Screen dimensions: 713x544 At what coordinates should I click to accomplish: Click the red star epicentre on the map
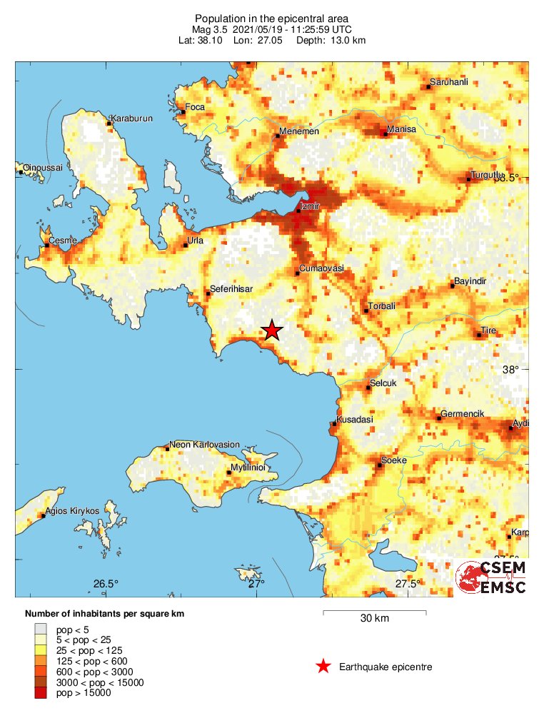(x=271, y=330)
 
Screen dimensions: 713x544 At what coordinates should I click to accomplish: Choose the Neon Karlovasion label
(x=204, y=444)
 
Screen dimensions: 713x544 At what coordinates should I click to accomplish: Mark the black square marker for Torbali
(x=366, y=310)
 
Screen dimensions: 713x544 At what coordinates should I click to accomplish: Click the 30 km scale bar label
(x=374, y=619)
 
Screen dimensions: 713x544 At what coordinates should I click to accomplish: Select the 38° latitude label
(x=510, y=370)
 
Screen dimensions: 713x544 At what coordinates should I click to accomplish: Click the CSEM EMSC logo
(x=492, y=577)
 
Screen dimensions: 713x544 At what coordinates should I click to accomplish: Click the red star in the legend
(x=323, y=667)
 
